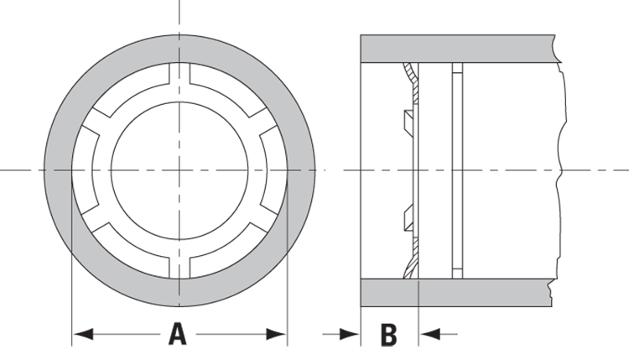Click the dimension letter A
[177, 334]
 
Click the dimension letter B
[388, 334]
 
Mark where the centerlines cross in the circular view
[179, 170]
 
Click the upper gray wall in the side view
[457, 48]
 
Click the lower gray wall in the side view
[457, 292]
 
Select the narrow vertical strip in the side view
[456, 170]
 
